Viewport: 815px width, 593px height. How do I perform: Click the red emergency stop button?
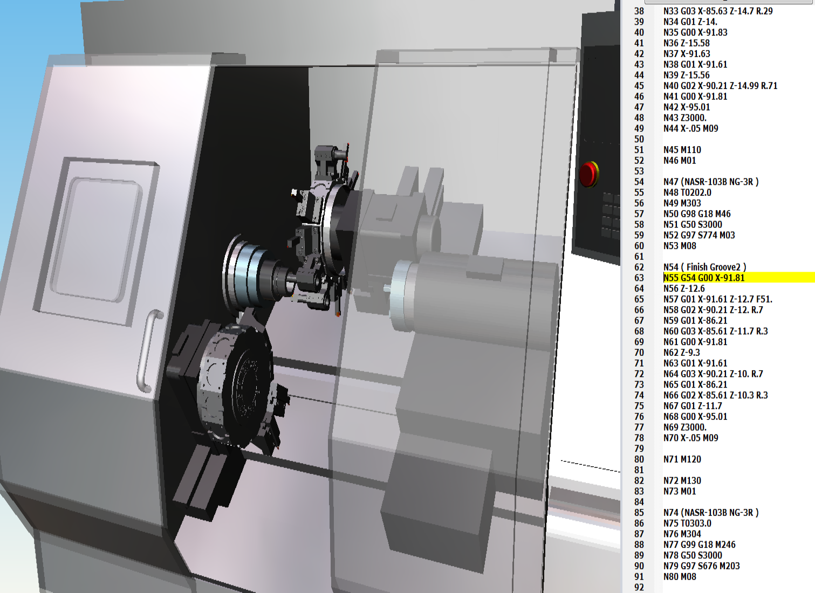pos(588,174)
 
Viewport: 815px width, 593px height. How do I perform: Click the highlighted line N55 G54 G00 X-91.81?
pos(704,278)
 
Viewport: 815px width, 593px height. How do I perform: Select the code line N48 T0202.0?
pos(687,192)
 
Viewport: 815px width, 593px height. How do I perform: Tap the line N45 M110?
pos(682,150)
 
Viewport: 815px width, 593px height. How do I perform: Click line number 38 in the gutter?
pos(639,11)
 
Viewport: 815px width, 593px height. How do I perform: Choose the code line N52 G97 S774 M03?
pos(699,235)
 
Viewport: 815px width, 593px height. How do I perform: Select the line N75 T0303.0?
pos(687,523)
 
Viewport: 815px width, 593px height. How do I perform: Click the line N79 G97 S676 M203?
pos(701,566)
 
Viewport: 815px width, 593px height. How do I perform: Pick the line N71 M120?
pos(682,459)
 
